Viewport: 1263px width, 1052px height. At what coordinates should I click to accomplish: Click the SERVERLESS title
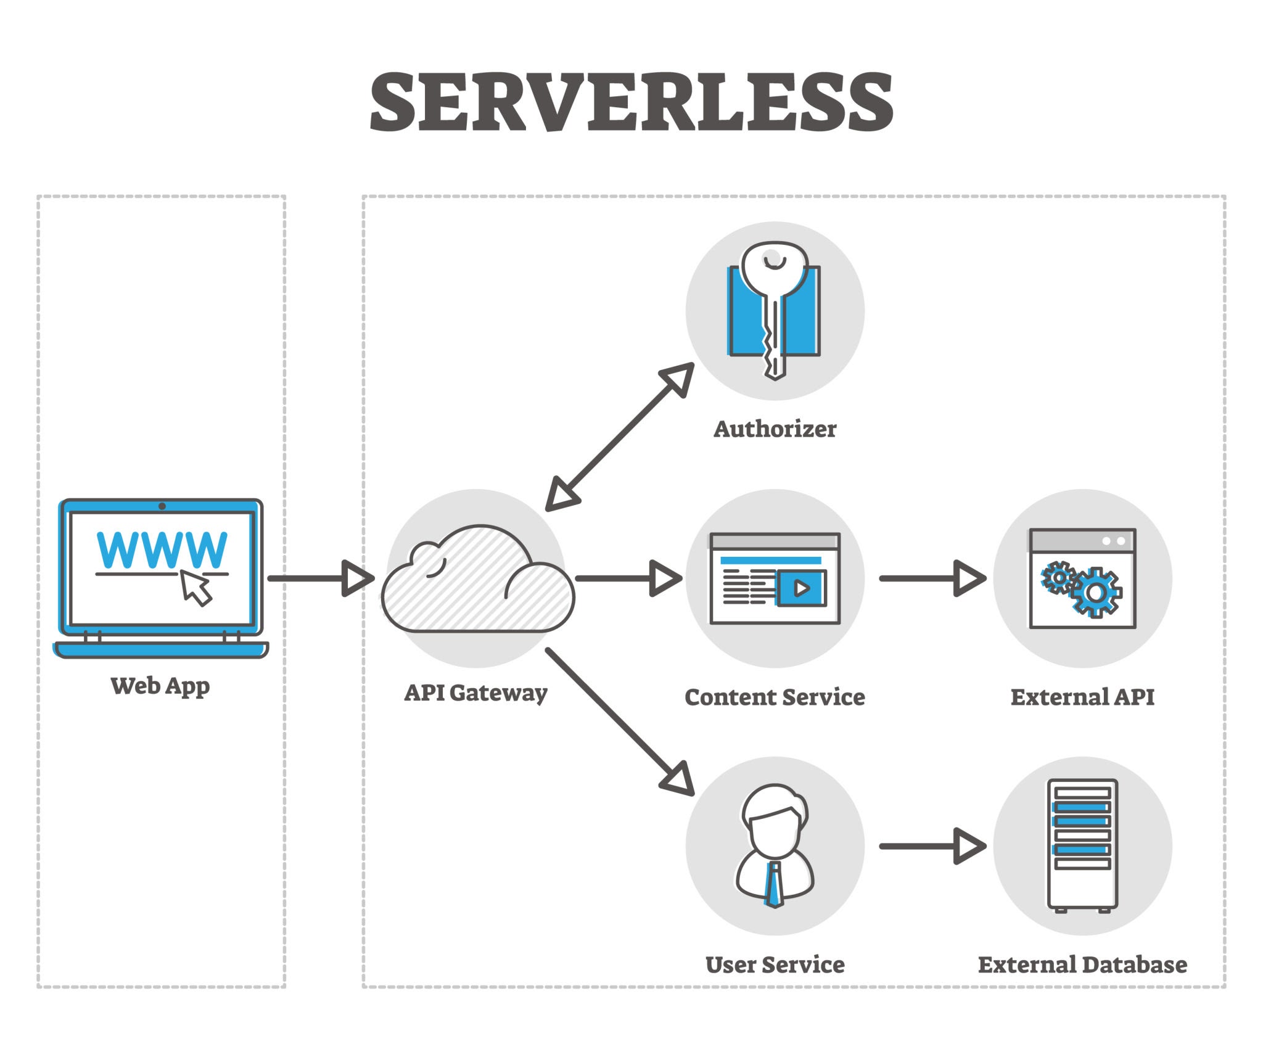click(631, 102)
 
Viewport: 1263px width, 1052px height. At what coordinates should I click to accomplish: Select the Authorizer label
click(775, 429)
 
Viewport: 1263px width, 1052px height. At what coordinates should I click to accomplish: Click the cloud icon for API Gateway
click(477, 583)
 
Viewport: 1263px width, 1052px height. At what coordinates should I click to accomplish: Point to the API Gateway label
click(475, 692)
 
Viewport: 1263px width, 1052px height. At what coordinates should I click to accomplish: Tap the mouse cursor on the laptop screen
click(195, 588)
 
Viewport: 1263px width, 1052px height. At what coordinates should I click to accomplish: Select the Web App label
click(160, 685)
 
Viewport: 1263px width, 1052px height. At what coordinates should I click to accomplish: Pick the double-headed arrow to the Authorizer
click(620, 437)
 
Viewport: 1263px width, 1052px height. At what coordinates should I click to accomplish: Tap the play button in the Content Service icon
click(801, 588)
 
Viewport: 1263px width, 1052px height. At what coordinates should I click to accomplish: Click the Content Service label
click(775, 697)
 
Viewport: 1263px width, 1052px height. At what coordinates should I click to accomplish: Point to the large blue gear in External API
click(1096, 593)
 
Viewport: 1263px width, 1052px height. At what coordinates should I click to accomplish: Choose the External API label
click(1082, 697)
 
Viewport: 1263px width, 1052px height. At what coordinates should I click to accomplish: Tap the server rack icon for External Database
click(1082, 845)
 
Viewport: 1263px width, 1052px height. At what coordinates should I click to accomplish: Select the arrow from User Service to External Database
click(931, 846)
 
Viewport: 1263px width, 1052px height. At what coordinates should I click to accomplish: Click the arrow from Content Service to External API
click(931, 578)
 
